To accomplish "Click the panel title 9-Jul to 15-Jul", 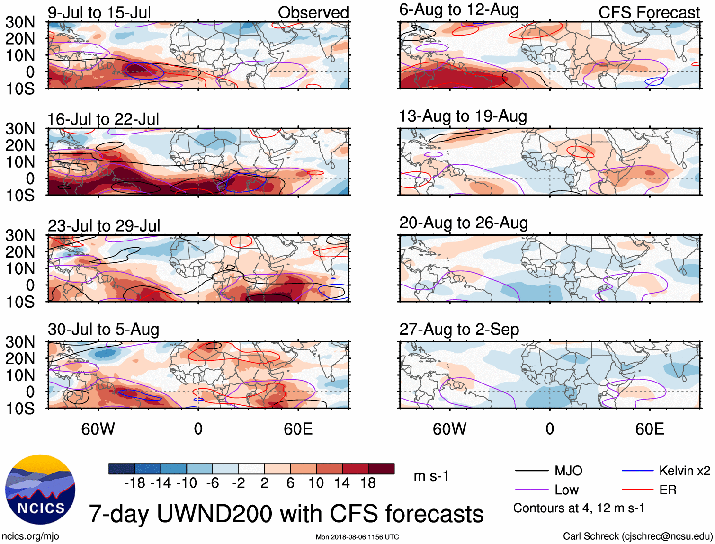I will point(99,13).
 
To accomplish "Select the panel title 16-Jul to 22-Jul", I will point(103,119).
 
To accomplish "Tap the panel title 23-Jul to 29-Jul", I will point(104,226).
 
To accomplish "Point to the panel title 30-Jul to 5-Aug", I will point(103,330).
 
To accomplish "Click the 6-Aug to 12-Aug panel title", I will point(459,10).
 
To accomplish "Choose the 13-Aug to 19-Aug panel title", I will point(463,116).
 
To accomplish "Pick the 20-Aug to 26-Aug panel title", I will point(463,223).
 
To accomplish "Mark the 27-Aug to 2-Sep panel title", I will point(459,330).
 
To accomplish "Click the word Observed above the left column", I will point(313,13).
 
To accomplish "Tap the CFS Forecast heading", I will point(649,13).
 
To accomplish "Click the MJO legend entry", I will point(568,471).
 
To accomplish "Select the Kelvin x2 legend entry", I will point(684,471).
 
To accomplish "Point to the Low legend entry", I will point(566,490).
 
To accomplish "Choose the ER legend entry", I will point(668,490).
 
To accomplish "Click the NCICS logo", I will point(40,490).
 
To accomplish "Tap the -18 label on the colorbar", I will point(134,483).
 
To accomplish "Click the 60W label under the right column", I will point(449,429).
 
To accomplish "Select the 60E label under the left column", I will point(298,429).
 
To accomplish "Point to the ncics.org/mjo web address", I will point(30,536).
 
